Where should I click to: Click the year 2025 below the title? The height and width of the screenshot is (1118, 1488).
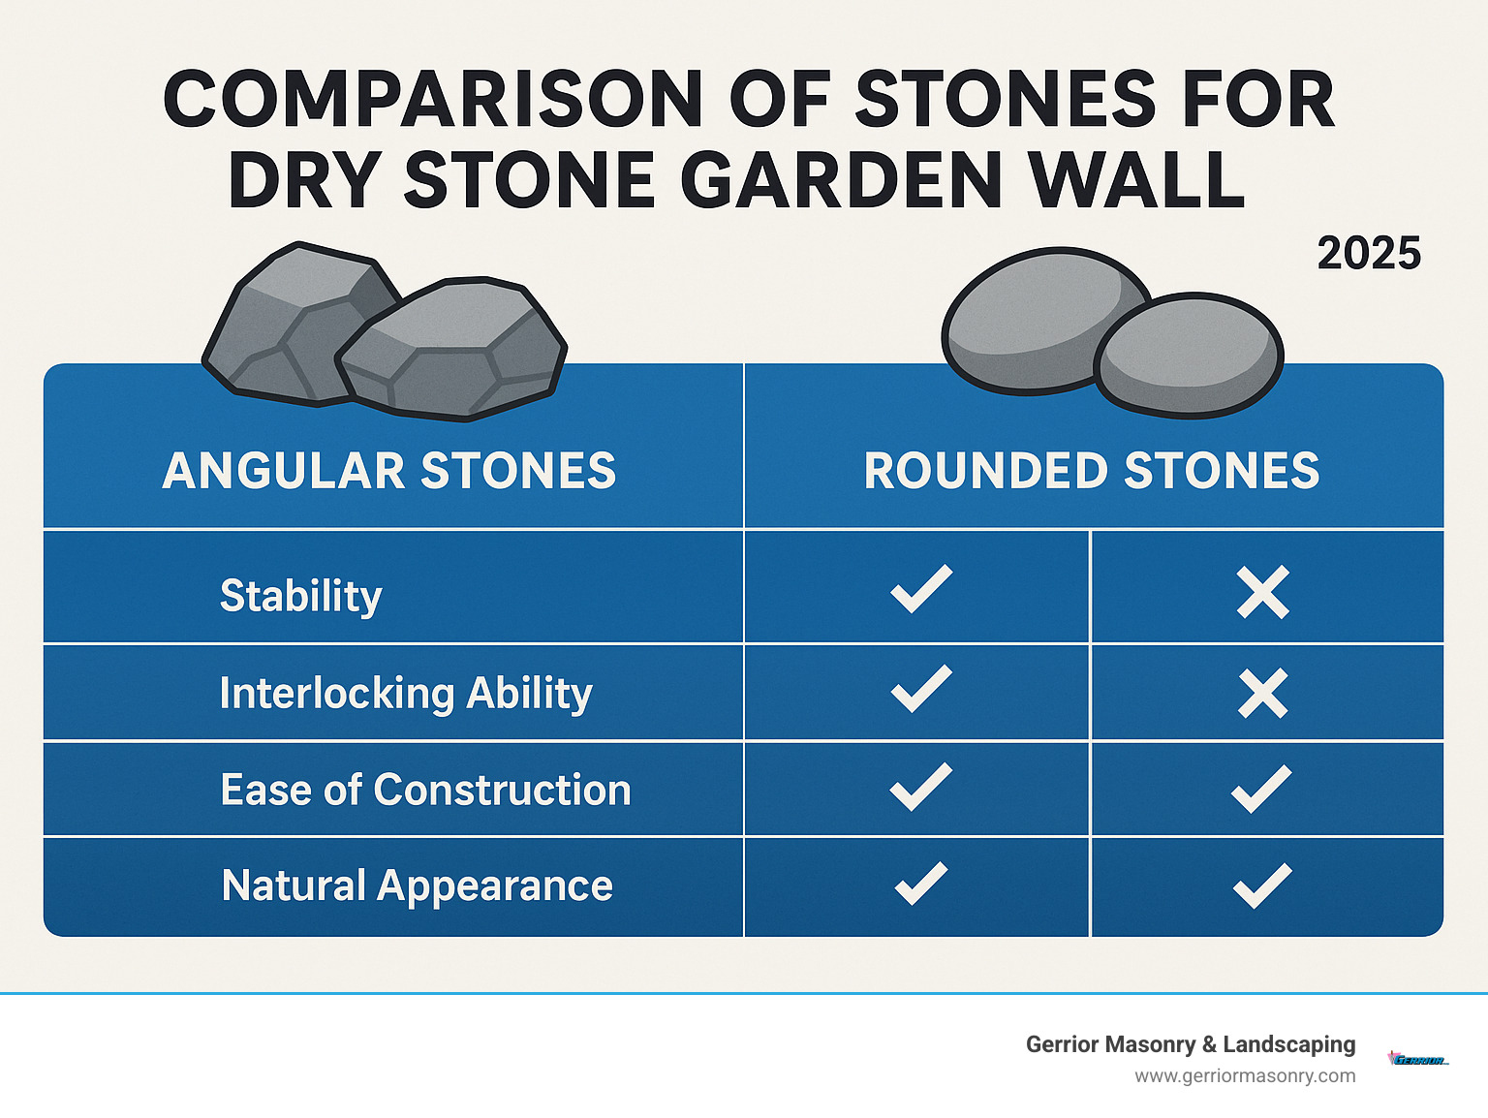point(1368,254)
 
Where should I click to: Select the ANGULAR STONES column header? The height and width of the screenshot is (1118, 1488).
point(389,471)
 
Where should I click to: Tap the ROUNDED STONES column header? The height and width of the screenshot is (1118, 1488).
point(1092,471)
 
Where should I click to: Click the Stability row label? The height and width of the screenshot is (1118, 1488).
point(301,596)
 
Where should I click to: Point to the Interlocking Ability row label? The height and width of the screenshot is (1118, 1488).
point(406,694)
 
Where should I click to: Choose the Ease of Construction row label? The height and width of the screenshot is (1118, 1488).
point(425,790)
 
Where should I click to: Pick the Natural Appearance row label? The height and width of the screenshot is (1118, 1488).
point(418,885)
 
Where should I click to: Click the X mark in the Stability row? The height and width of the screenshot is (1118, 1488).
point(1262,592)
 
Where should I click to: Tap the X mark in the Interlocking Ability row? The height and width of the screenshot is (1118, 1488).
point(1262,694)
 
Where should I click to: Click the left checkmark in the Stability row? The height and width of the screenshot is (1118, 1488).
point(920,589)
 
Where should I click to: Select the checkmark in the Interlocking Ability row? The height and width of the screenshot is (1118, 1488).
point(920,689)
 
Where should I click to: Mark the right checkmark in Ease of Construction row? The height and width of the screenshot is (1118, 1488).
point(1260,789)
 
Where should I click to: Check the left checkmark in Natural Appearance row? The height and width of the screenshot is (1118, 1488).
point(920,883)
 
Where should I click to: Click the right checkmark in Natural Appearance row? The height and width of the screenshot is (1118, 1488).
point(1261,885)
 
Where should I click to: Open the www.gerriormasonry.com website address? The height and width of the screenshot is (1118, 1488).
point(1245,1075)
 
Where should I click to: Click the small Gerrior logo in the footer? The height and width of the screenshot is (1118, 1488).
point(1418,1059)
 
